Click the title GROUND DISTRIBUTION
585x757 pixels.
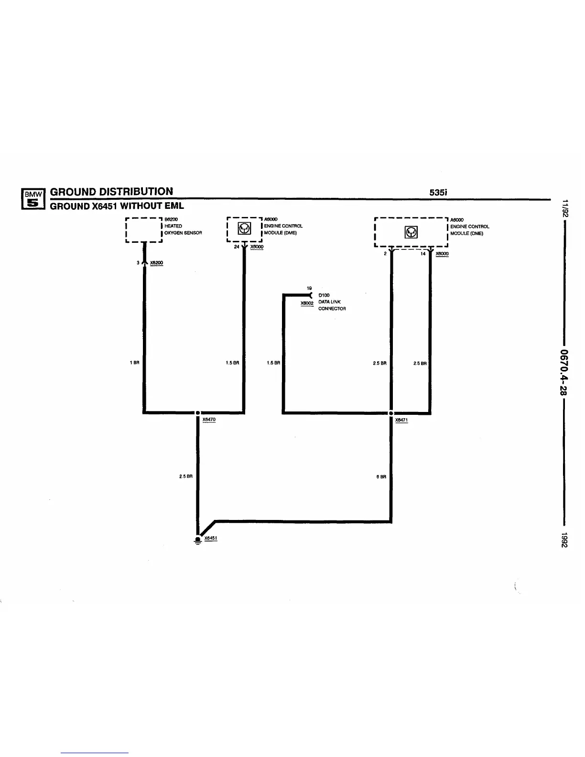[111, 192]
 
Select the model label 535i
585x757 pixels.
[438, 193]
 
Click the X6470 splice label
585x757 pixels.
[209, 420]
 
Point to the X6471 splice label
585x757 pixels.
[401, 420]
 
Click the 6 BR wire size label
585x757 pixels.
[381, 476]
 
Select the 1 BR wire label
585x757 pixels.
[134, 363]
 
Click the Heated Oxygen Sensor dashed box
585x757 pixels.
[143, 230]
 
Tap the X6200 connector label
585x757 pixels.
[156, 263]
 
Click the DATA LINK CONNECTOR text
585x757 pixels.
[332, 305]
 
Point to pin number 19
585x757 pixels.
[309, 288]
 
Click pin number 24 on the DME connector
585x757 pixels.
[237, 247]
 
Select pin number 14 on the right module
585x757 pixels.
[423, 254]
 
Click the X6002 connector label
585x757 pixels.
[306, 303]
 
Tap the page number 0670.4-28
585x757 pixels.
[564, 373]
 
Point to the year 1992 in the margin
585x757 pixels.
[564, 540]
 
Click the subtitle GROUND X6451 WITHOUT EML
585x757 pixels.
[117, 206]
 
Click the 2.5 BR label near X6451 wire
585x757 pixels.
[185, 476]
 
